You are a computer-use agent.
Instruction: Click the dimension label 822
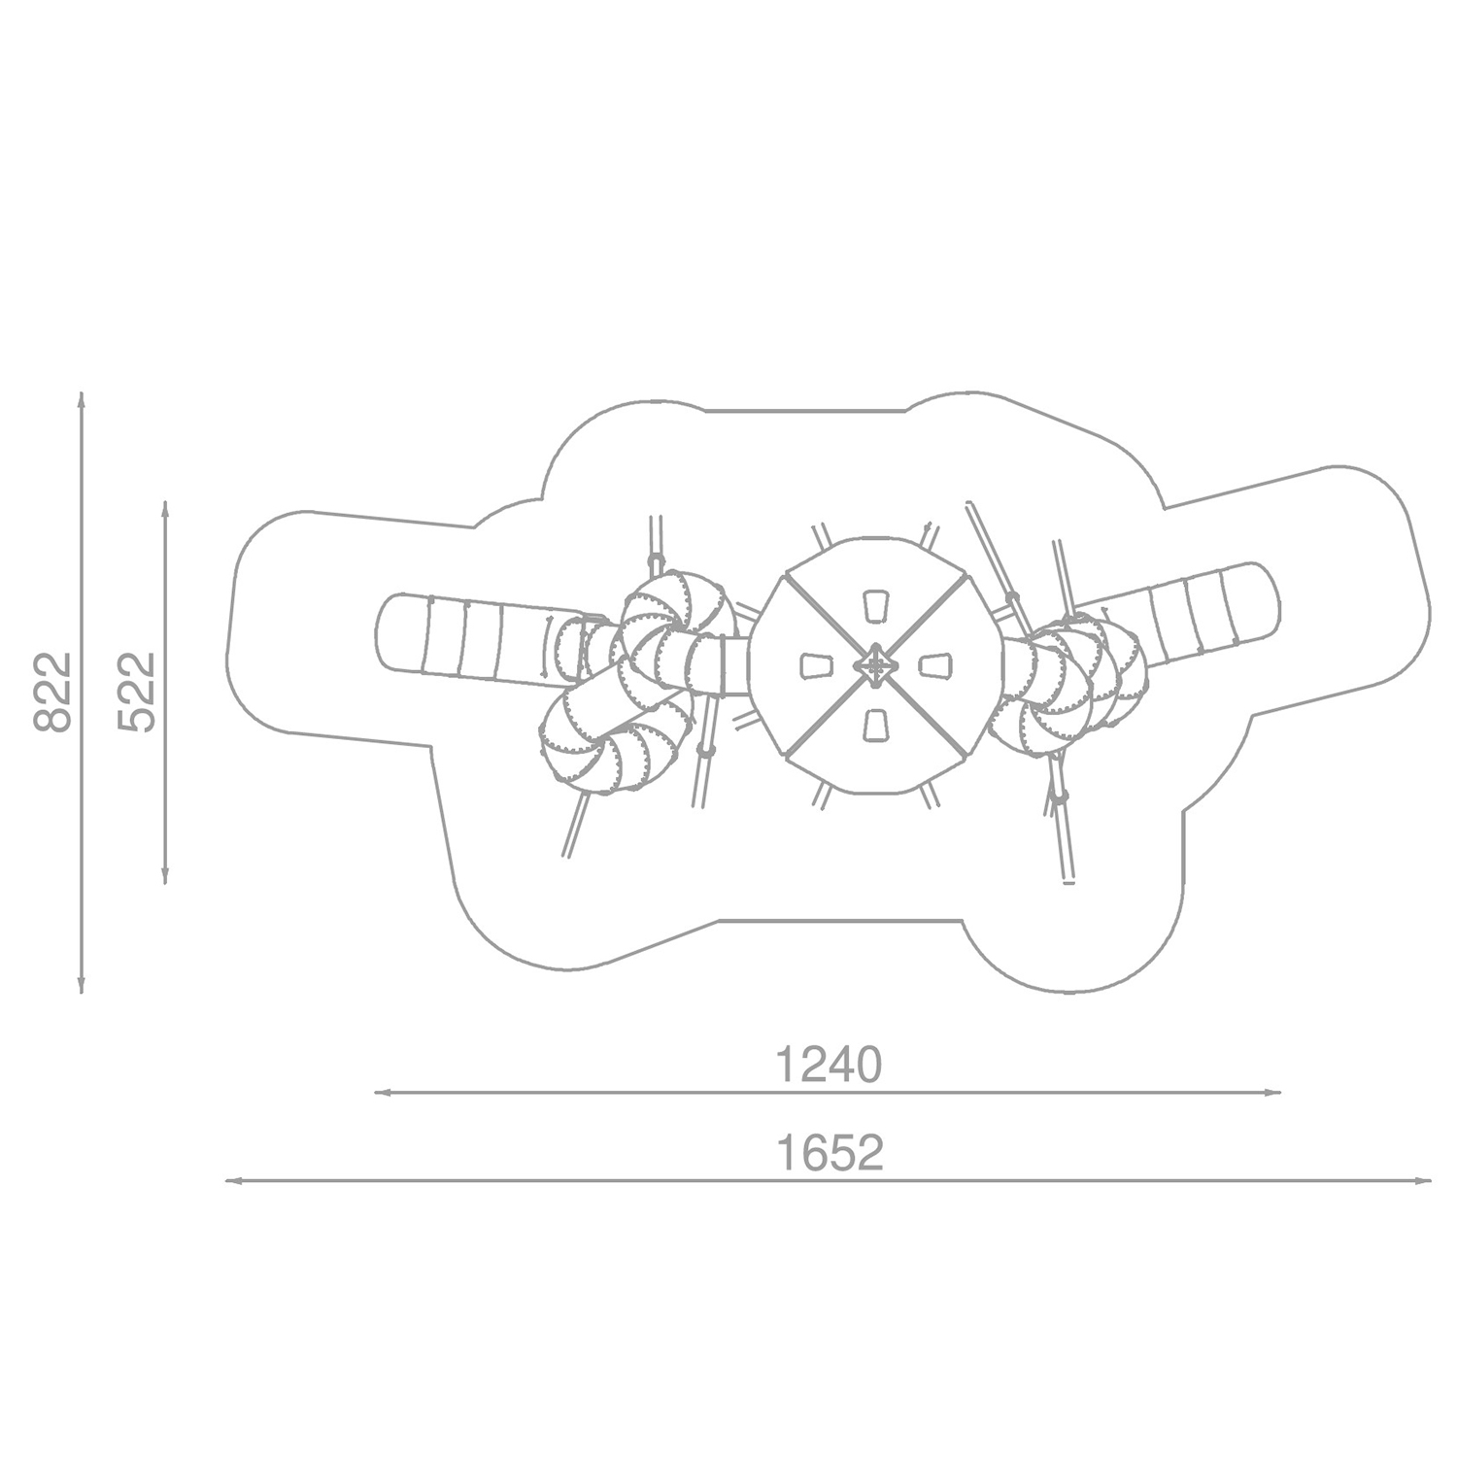pos(52,692)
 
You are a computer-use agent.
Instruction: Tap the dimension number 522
pos(136,692)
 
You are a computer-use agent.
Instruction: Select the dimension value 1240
pos(829,1066)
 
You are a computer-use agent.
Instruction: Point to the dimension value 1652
pos(830,1153)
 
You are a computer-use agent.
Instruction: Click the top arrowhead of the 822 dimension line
pos(82,399)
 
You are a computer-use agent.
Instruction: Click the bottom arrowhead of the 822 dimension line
pos(82,986)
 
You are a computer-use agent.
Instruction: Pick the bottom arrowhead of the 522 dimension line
pos(166,877)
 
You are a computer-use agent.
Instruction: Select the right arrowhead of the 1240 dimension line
pos(1273,1093)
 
